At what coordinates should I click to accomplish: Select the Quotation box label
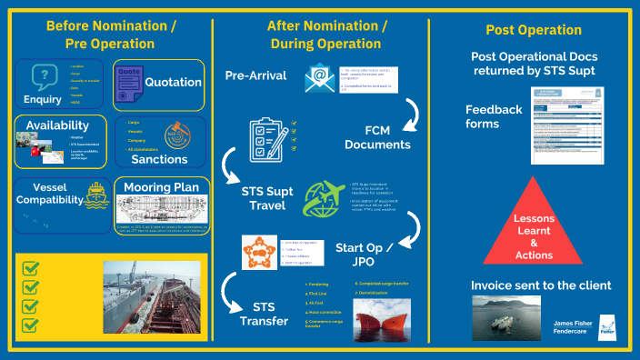172,82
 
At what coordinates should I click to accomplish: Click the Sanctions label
158,159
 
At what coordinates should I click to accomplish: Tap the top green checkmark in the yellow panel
30,268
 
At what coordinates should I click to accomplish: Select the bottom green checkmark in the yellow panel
30,325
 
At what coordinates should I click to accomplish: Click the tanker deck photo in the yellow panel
151,299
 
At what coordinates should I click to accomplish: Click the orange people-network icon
258,252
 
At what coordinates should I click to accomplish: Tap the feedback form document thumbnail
568,125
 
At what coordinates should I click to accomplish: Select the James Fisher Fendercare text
575,326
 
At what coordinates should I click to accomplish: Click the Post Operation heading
534,30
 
